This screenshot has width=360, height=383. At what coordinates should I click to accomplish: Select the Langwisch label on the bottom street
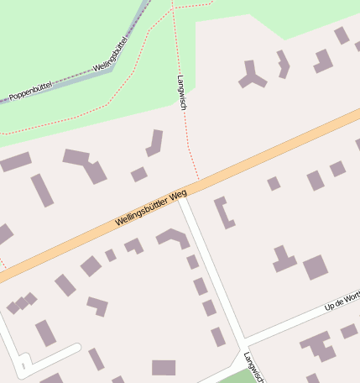253,367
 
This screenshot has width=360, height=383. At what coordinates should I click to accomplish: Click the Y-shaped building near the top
251,76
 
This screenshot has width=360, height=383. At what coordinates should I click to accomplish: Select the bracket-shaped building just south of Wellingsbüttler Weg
223,212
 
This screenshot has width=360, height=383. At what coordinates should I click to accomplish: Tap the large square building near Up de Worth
315,267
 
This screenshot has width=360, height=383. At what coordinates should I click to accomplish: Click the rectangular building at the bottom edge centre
164,367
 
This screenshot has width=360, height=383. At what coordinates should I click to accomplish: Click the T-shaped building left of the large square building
284,260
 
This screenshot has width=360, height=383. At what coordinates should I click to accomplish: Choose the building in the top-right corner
342,35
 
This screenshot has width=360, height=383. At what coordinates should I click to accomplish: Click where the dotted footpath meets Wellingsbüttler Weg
199,179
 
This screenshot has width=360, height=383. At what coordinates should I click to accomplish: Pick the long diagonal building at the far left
42,190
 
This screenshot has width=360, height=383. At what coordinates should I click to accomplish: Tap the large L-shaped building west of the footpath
86,165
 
